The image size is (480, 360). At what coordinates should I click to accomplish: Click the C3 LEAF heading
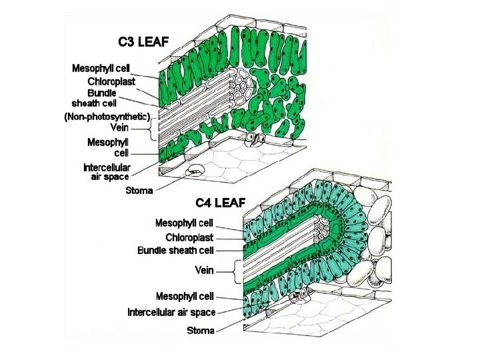coord(143,41)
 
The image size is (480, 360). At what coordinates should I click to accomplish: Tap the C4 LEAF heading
coord(220,202)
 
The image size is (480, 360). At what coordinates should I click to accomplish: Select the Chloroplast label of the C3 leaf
coord(111,81)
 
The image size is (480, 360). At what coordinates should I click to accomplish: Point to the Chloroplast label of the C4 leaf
coord(189,237)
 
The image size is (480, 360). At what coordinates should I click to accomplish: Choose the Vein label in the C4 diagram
coord(204,270)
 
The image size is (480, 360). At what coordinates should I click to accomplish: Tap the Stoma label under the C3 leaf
coord(139,191)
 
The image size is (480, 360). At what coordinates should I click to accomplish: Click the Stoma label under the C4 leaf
coord(200,331)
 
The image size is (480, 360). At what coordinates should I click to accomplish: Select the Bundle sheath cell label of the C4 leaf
coord(175,251)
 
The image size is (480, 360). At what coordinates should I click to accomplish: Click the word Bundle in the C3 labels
coord(102,93)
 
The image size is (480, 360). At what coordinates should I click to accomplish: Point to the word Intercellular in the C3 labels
coord(107,167)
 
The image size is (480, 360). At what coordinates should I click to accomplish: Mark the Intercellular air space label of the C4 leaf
coord(171,312)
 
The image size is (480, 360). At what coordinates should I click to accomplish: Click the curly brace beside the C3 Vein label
coord(154,127)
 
